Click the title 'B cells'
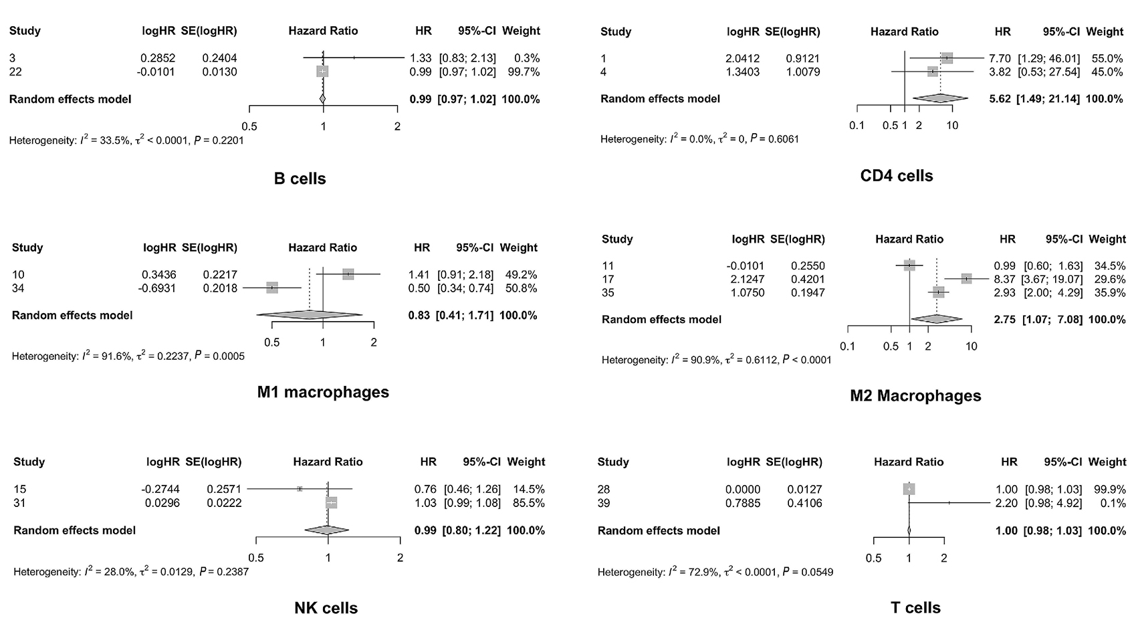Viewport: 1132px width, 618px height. pos(300,179)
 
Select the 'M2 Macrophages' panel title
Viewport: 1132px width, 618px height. pos(915,395)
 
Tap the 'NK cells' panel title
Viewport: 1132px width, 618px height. pos(326,608)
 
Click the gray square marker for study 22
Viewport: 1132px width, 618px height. pos(323,72)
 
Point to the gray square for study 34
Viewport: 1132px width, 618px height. pos(272,288)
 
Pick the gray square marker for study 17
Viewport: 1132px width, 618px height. pos(966,279)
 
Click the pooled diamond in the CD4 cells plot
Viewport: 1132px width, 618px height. pos(939,98)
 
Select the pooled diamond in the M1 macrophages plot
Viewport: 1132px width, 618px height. pos(310,315)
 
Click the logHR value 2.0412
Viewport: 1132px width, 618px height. pos(742,58)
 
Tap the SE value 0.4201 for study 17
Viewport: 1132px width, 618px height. pos(808,279)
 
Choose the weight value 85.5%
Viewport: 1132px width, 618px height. pos(526,503)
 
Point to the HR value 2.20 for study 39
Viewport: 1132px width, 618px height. pos(1006,503)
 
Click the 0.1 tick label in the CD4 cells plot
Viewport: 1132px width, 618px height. pos(857,126)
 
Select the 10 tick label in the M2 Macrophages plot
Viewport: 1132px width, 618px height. pos(972,346)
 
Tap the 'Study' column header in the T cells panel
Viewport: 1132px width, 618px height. pos(612,462)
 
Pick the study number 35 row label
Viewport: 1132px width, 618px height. pos(608,292)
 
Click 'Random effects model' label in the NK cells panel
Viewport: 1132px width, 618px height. pos(74,530)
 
